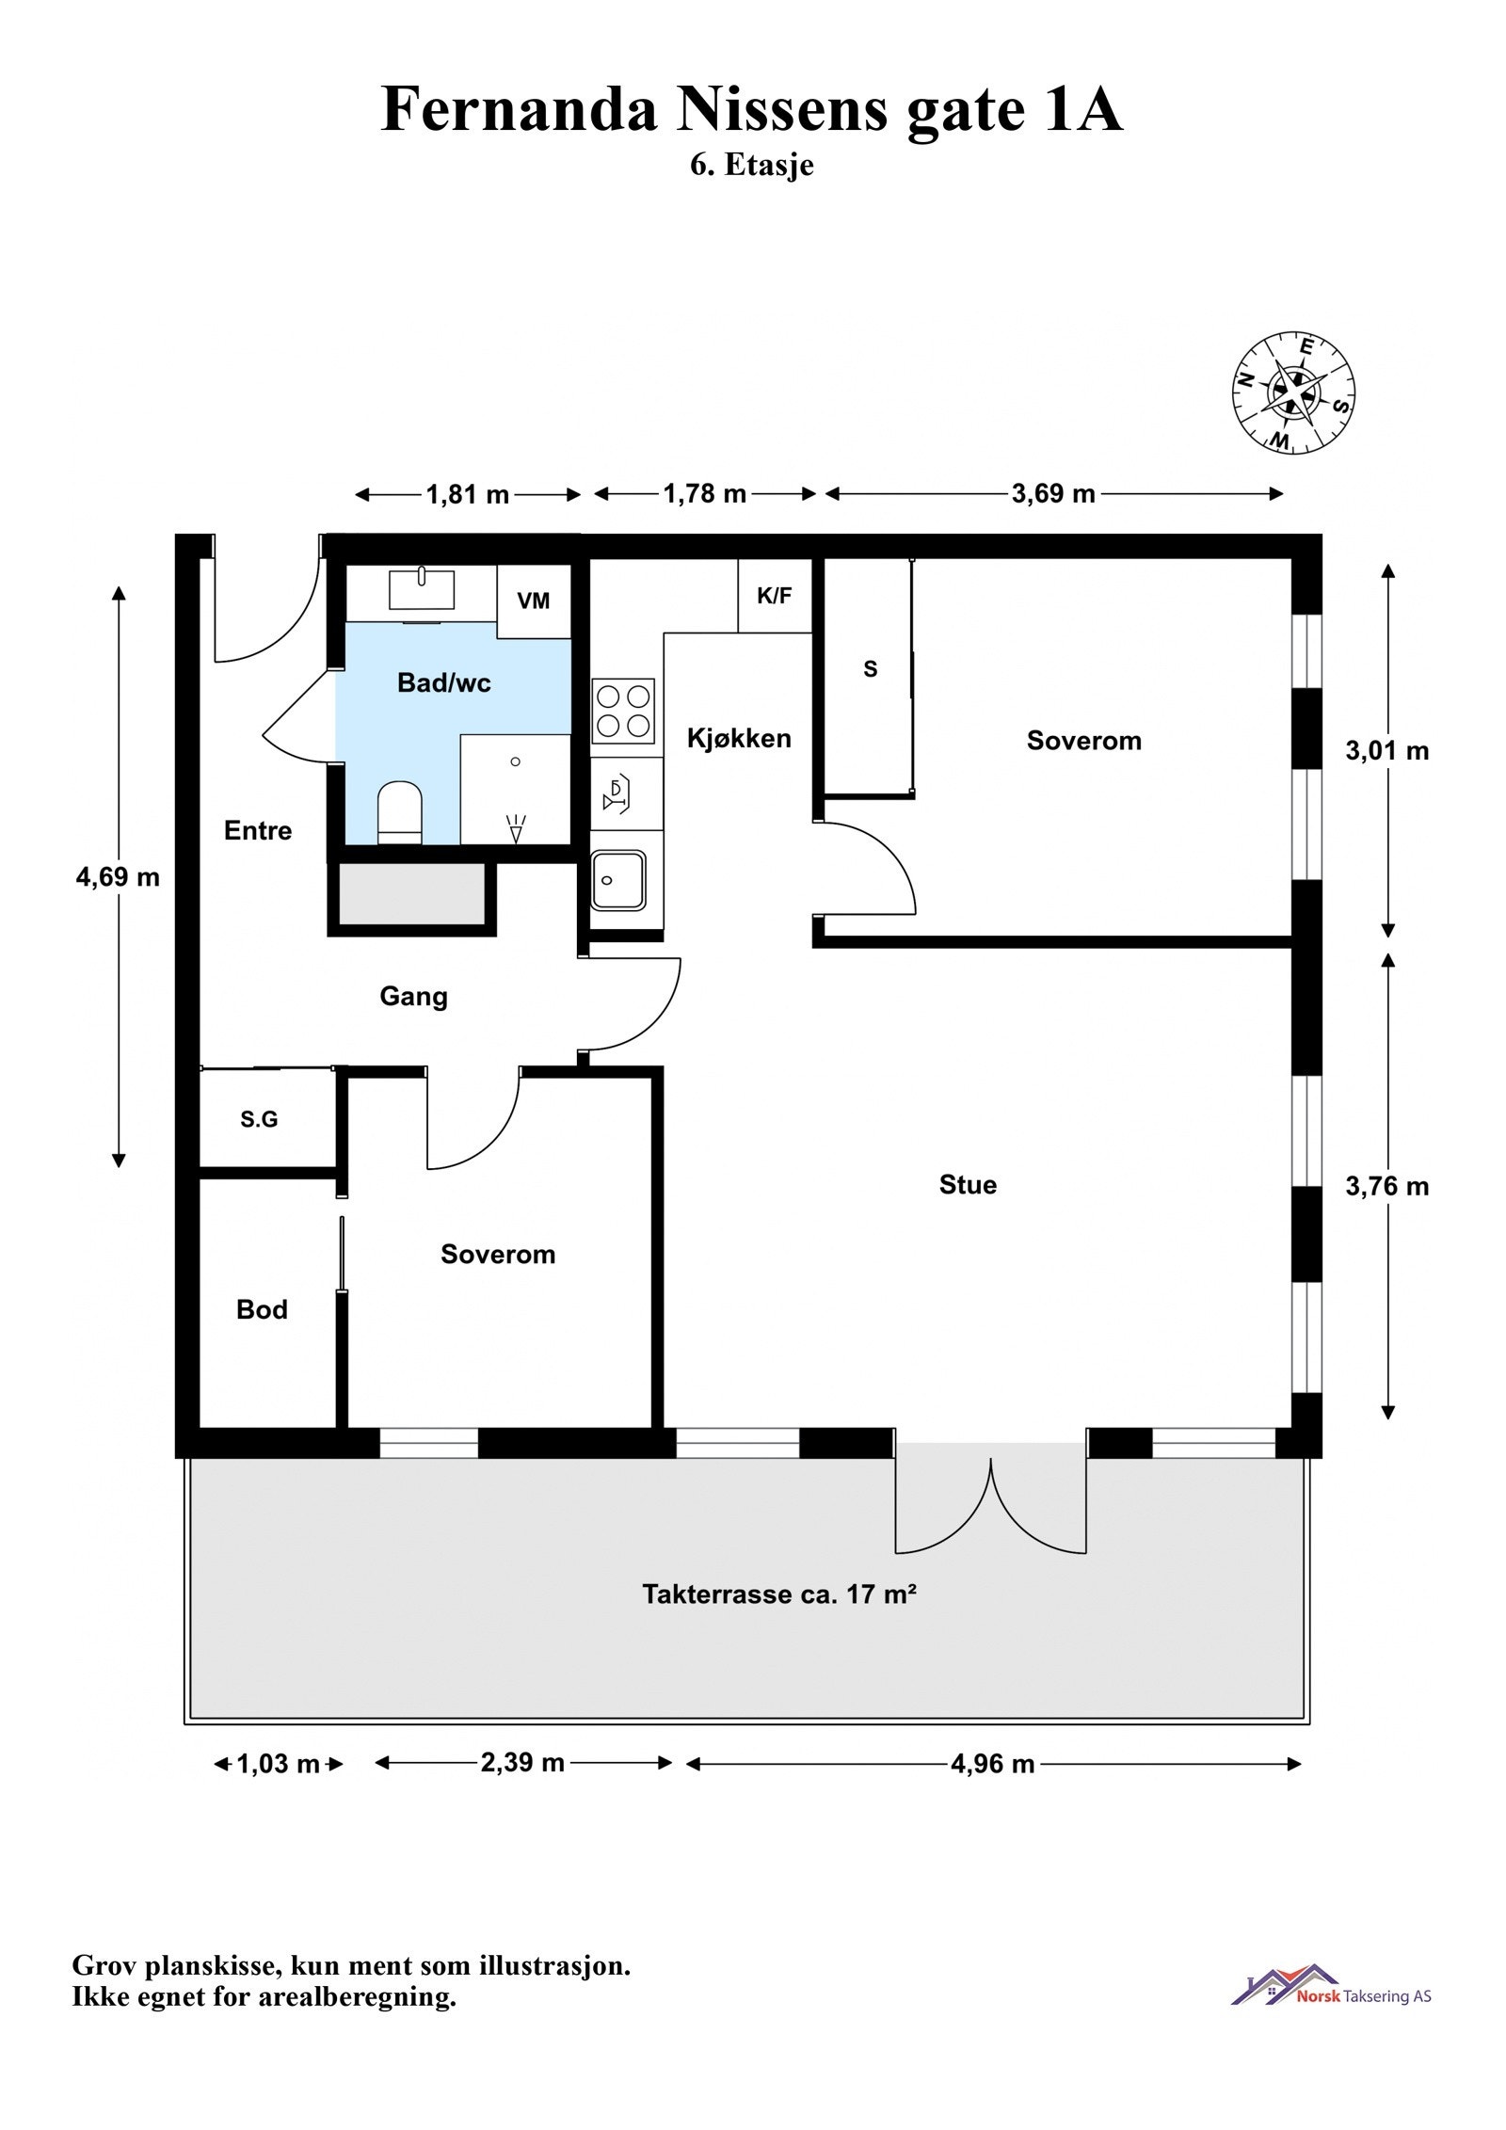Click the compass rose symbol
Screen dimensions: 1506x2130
point(1293,392)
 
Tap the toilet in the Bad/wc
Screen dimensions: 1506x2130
point(399,811)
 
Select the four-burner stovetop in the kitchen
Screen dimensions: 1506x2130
point(623,711)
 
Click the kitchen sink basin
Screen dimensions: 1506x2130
point(618,880)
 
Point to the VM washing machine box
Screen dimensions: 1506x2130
point(534,601)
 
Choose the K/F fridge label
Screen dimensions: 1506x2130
point(774,595)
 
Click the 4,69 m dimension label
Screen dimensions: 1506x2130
point(118,877)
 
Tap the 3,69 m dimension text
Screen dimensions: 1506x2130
point(1053,494)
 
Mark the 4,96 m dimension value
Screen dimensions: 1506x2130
point(992,1763)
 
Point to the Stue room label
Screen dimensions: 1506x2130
point(968,1184)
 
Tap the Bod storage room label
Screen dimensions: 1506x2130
point(262,1309)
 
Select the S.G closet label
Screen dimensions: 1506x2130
point(259,1119)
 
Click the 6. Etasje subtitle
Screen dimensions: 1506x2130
point(752,165)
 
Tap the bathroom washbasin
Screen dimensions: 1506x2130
point(422,589)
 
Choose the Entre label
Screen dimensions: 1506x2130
point(258,830)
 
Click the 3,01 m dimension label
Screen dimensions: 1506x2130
point(1387,750)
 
